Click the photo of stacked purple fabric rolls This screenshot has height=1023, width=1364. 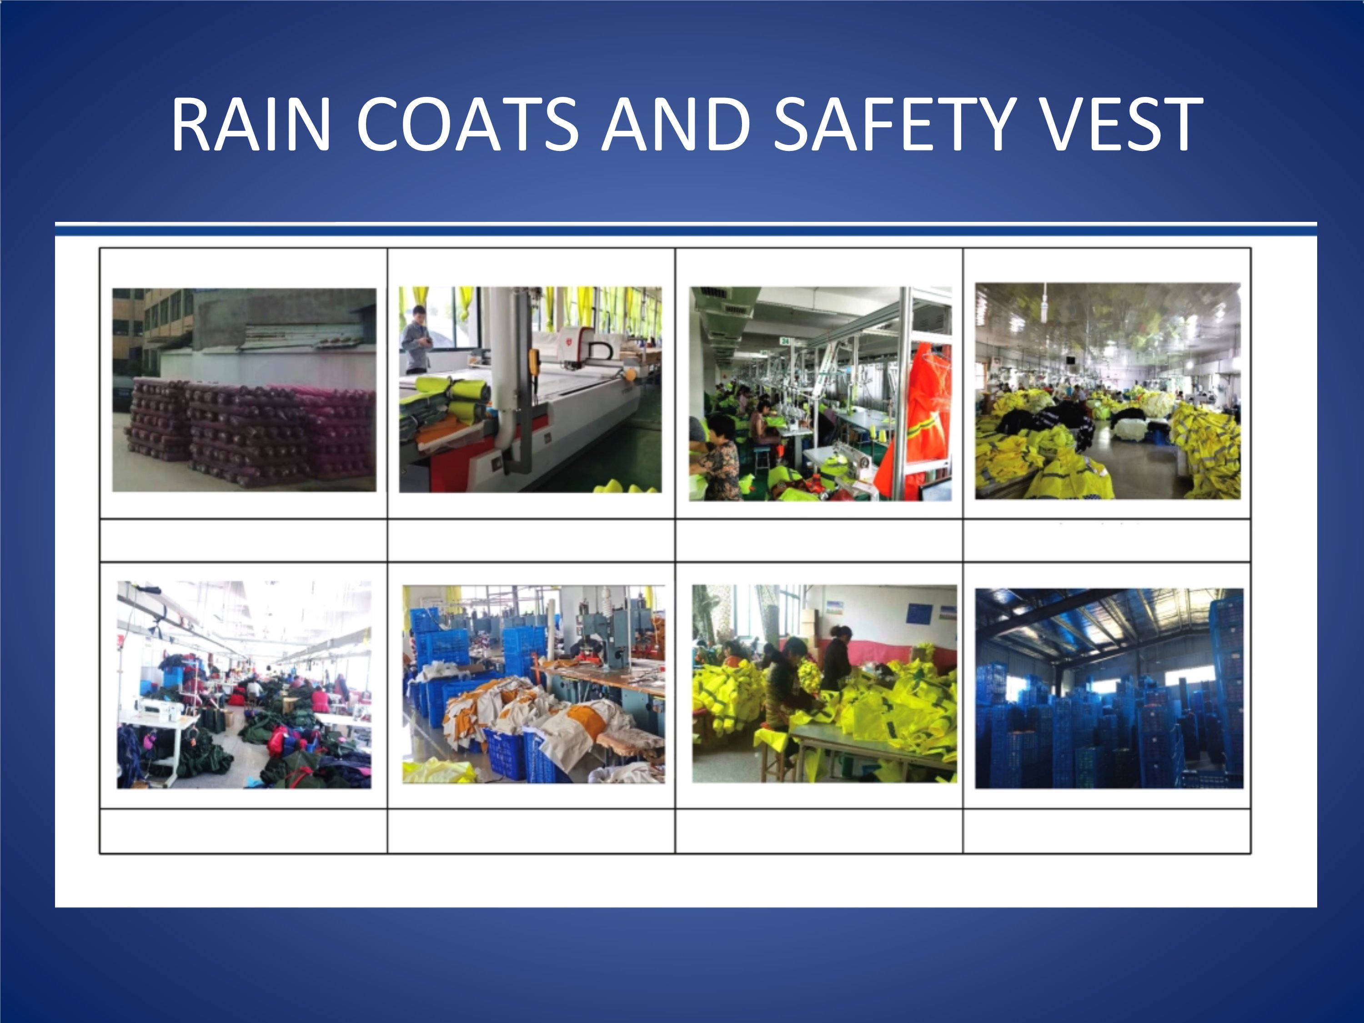[244, 390]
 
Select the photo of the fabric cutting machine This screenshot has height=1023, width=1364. [530, 390]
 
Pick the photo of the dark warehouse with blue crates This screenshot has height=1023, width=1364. [1109, 689]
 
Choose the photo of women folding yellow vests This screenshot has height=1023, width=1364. [824, 684]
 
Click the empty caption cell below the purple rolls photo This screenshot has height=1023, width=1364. [244, 540]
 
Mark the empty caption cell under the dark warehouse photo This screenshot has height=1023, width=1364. [1107, 831]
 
